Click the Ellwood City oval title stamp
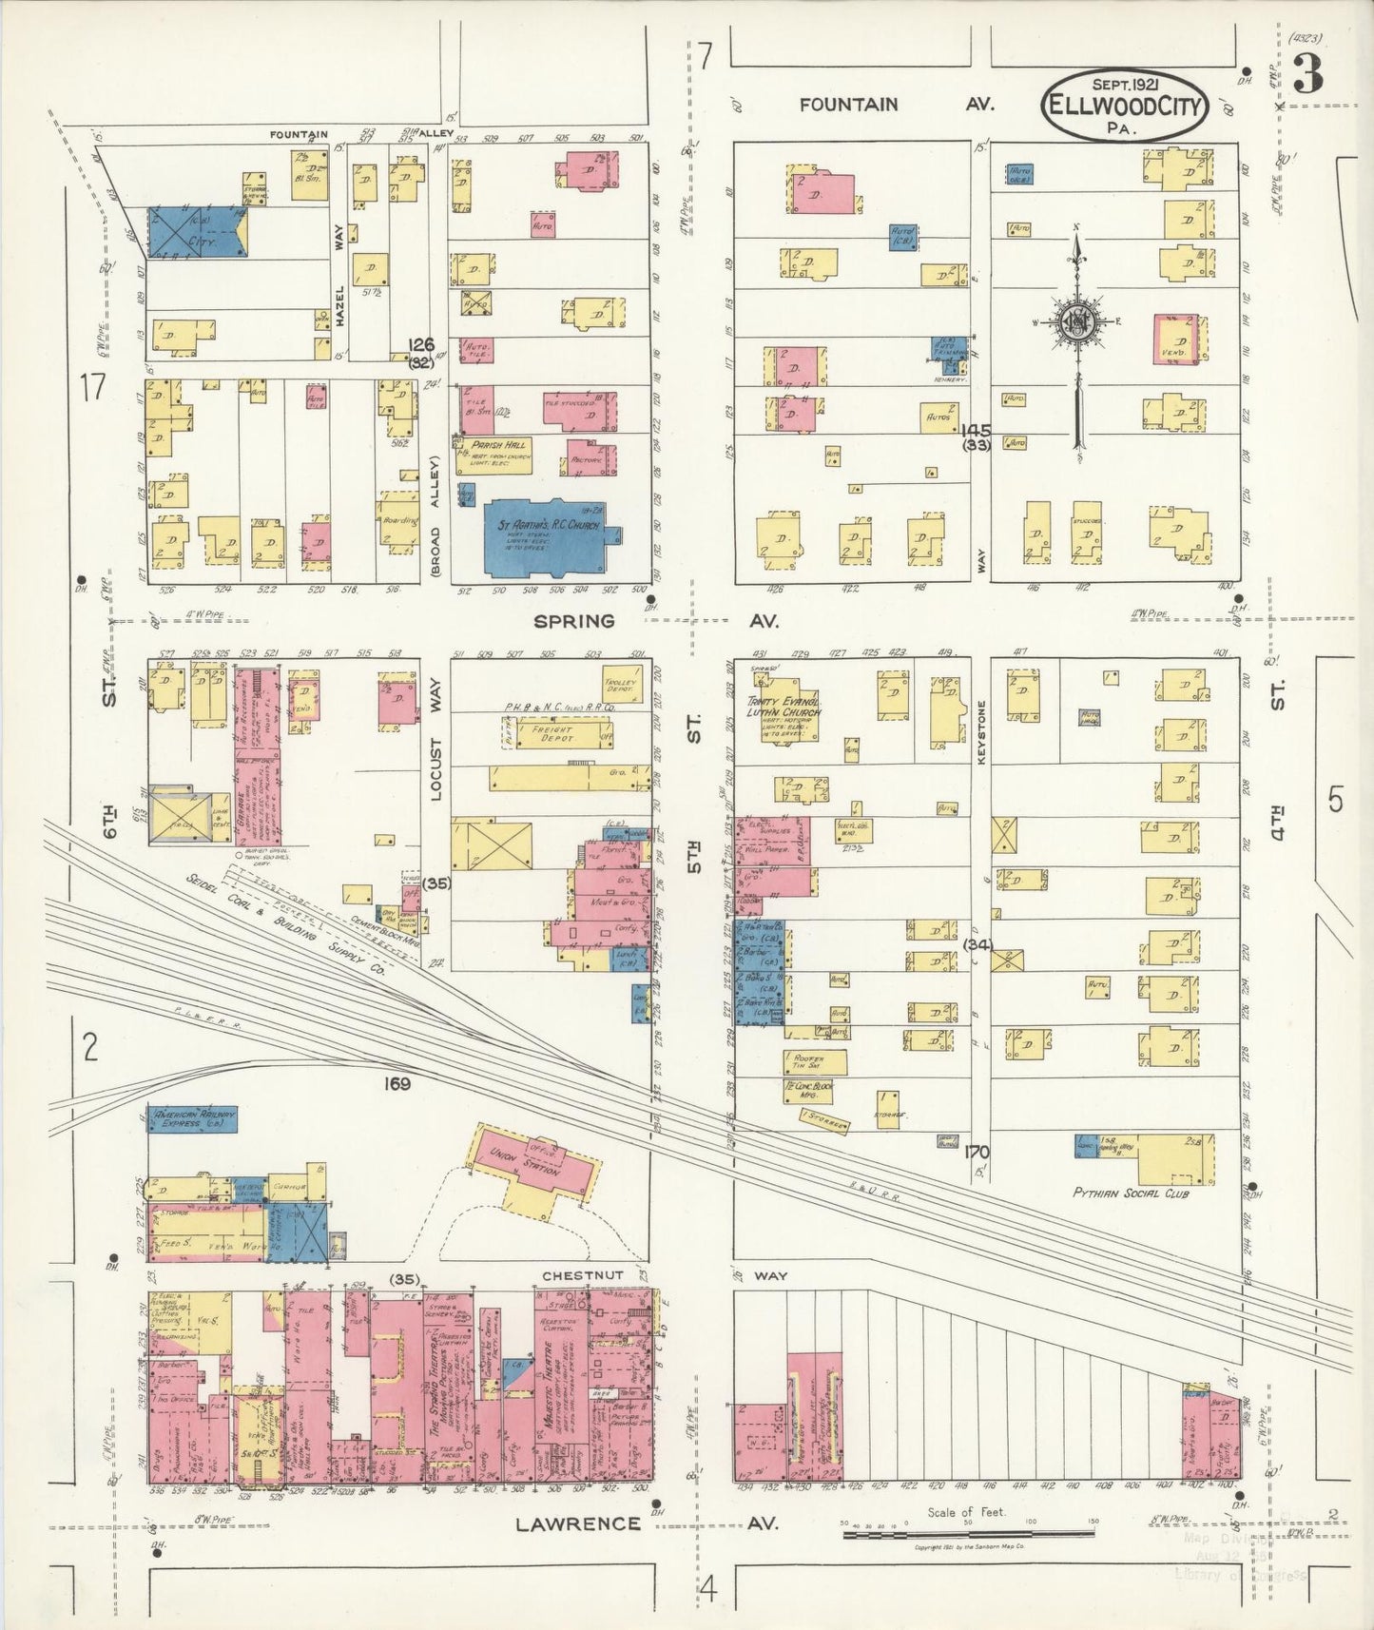click(1125, 106)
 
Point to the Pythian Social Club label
click(1130, 1192)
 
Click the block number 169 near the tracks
click(397, 1082)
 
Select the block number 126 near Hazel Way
click(421, 345)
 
